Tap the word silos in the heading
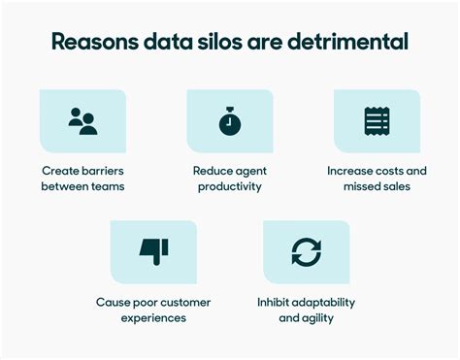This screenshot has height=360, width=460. [232, 43]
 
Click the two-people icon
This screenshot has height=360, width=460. [82, 121]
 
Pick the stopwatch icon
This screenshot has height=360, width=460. [229, 121]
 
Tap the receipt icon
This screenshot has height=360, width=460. [376, 121]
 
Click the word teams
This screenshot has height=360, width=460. [105, 186]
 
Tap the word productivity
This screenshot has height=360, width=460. [229, 186]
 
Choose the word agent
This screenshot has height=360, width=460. [250, 171]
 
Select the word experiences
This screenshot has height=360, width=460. [153, 317]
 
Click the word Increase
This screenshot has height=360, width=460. [348, 171]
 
